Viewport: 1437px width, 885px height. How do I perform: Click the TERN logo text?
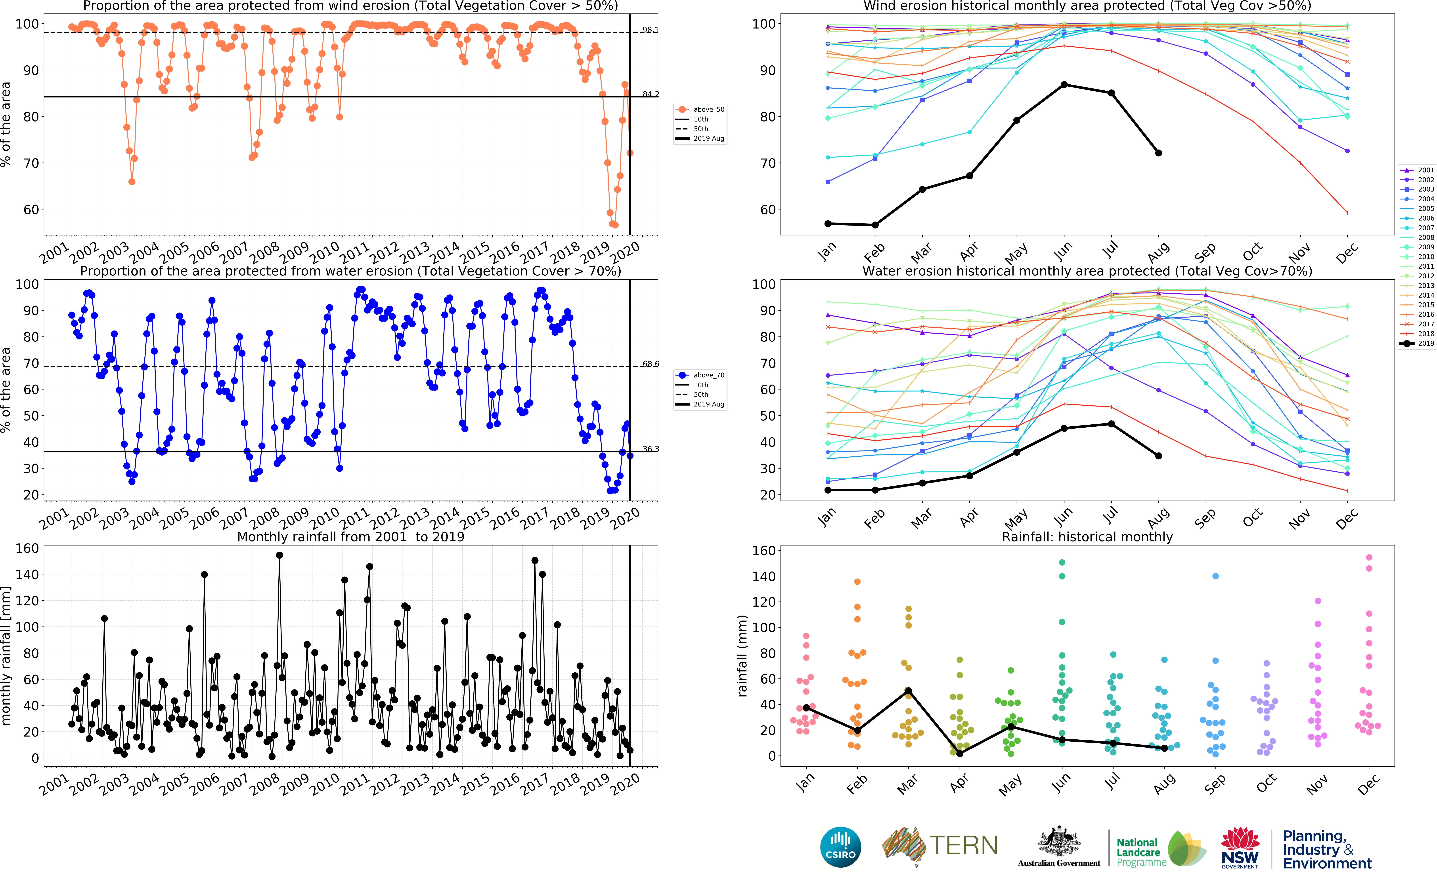pyautogui.click(x=963, y=845)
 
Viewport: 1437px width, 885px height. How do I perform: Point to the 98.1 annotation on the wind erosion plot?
pyautogui.click(x=650, y=30)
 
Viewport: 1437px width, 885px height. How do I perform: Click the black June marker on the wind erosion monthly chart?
pyautogui.click(x=1064, y=85)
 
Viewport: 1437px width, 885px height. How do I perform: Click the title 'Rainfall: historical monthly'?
pyautogui.click(x=1087, y=537)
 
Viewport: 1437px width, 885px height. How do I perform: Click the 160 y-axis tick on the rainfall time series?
pyautogui.click(x=27, y=548)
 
